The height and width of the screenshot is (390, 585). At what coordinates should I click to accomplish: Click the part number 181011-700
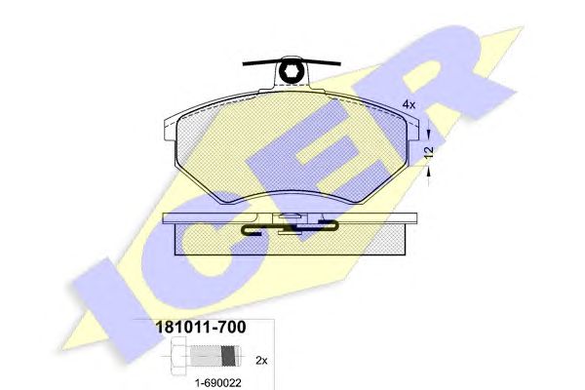[201, 327]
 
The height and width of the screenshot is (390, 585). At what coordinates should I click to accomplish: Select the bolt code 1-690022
[218, 382]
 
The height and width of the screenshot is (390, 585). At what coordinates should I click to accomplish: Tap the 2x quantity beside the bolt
[261, 361]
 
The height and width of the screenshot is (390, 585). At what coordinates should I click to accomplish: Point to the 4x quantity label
[409, 104]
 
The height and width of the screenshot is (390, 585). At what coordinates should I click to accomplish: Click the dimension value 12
[429, 151]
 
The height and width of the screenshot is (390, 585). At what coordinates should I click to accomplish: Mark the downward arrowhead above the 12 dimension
[429, 134]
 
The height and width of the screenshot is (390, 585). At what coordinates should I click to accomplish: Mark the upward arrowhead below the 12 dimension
[429, 173]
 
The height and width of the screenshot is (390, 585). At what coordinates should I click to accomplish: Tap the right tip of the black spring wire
[339, 64]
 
